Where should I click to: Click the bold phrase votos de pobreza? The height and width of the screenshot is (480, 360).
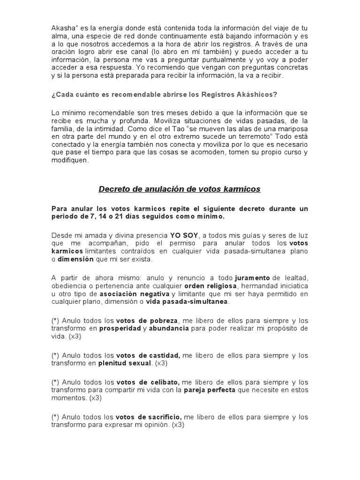pyautogui.click(x=147, y=320)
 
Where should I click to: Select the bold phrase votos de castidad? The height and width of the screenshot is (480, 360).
pyautogui.click(x=148, y=355)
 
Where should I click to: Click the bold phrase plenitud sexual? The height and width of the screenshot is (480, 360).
pyautogui.click(x=125, y=363)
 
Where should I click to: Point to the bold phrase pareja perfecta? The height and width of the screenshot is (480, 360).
pyautogui.click(x=209, y=390)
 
